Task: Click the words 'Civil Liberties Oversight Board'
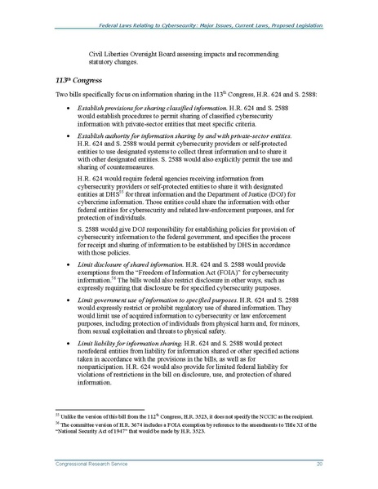[138, 53]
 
